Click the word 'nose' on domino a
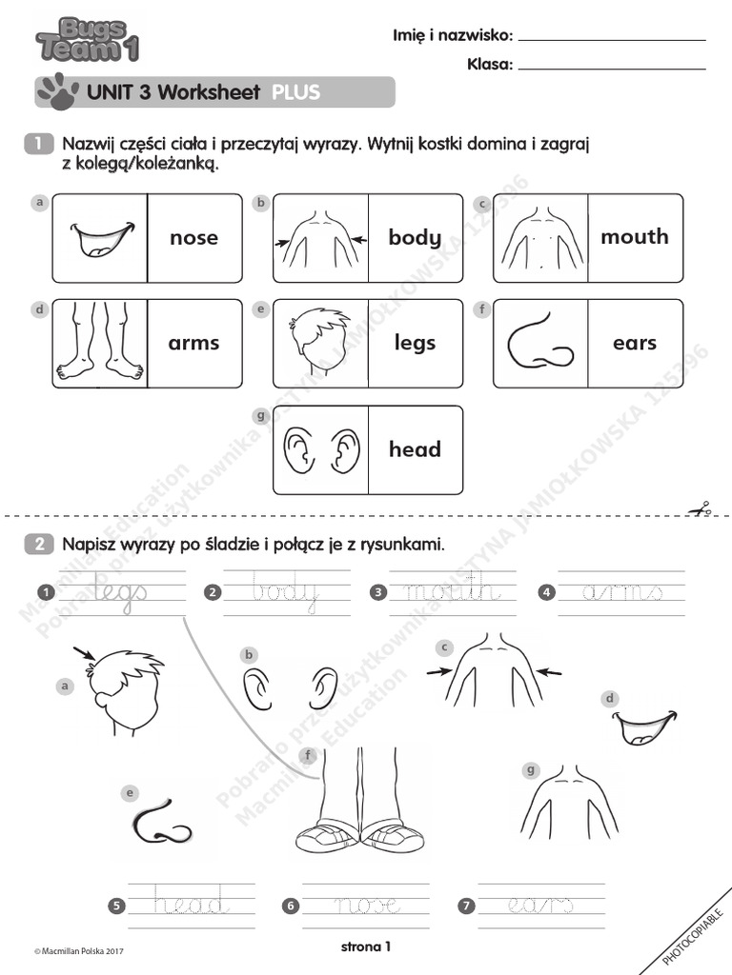pos(193,238)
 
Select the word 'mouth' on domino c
pos(635,237)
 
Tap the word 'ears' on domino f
pos(635,344)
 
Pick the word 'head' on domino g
pos(415,449)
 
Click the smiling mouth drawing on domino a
pos(101,239)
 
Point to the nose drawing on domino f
pos(539,344)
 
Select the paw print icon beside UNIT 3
pos(55,90)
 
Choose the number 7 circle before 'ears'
pos(466,906)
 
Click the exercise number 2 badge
pos(39,545)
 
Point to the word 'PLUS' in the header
pos(295,92)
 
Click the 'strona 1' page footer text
pos(366,946)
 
